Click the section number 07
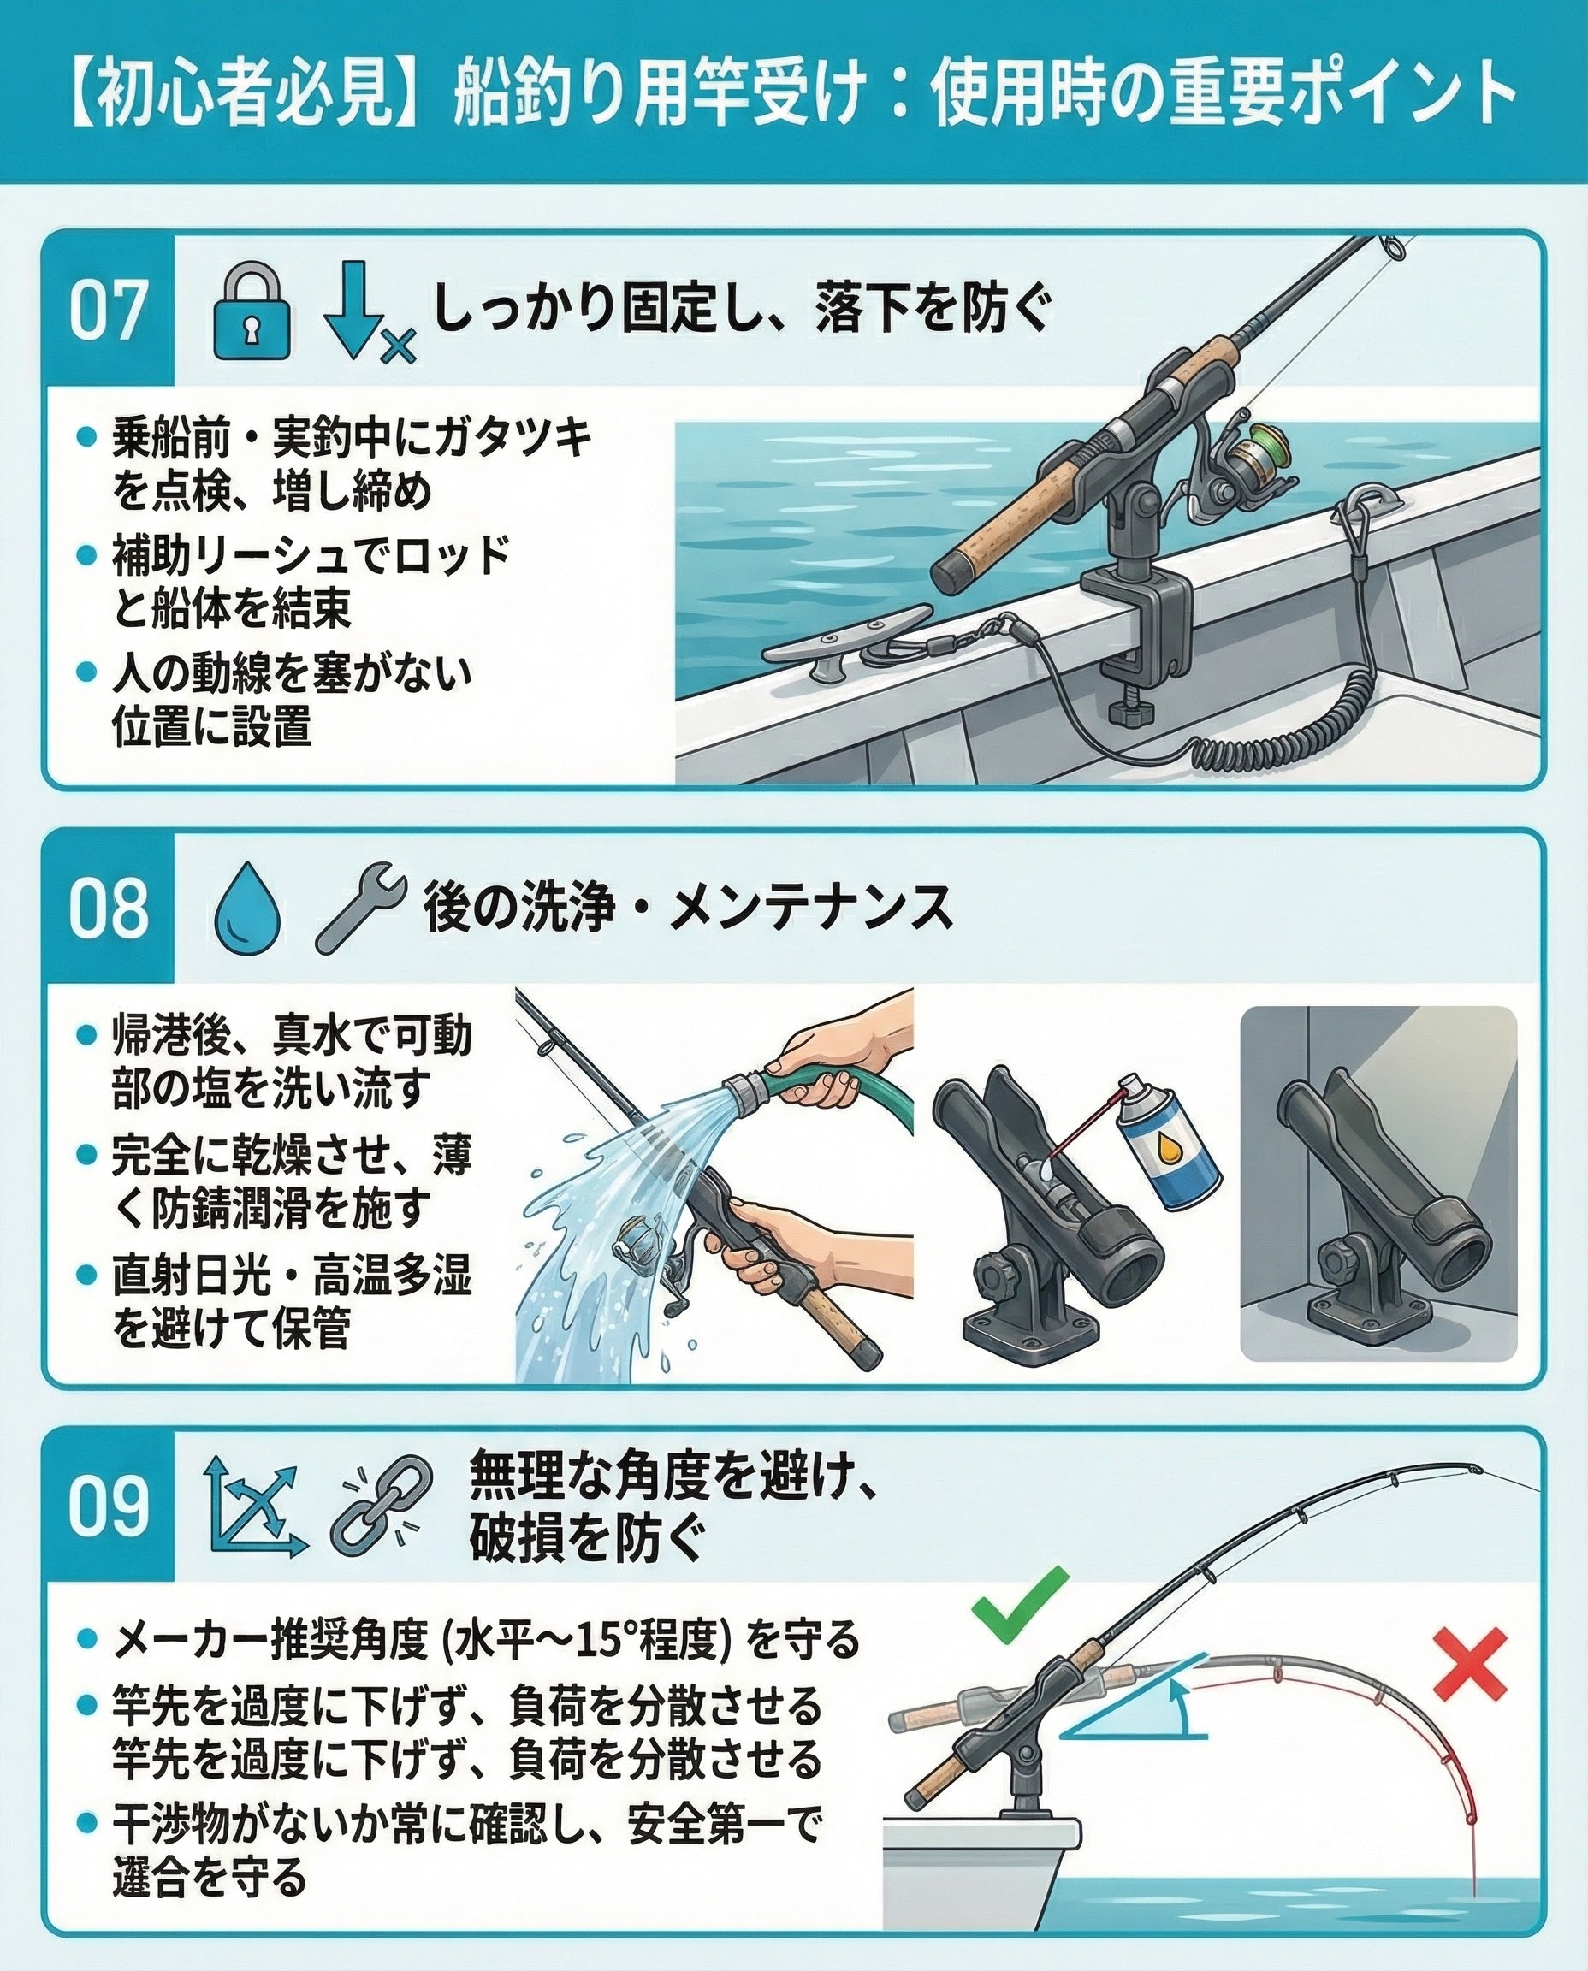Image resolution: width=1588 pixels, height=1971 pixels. point(108,311)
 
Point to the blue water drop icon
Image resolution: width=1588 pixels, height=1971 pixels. point(247,909)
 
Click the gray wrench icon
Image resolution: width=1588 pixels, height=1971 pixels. point(360,909)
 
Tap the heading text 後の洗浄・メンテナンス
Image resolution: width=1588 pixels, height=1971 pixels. point(688,909)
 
